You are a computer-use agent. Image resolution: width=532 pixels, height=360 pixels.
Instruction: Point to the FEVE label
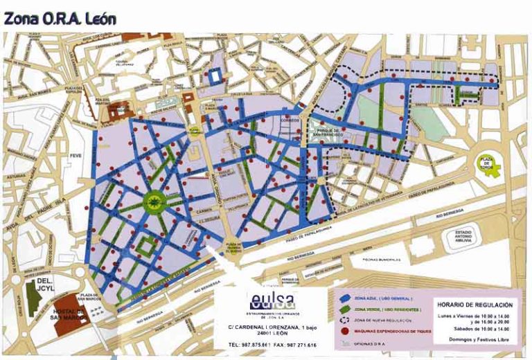76,156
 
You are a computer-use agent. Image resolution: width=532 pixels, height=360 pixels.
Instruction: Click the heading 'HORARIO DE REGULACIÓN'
475,305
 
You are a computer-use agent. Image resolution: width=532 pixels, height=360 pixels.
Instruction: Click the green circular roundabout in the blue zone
153,201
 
